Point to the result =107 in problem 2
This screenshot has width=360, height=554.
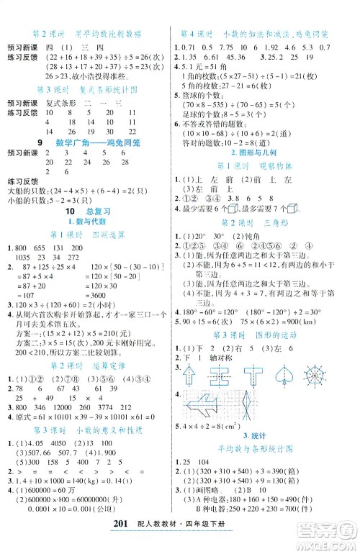25,295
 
